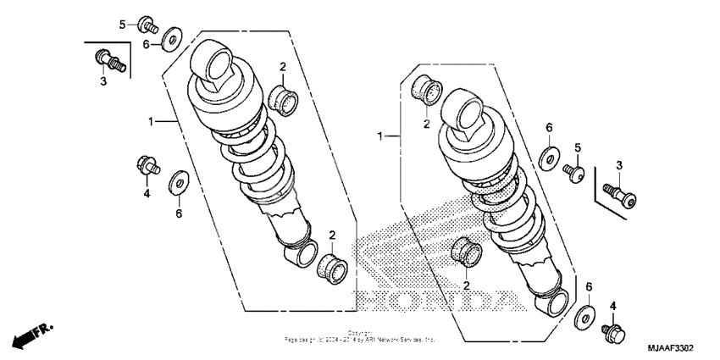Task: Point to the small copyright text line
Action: [x=360, y=336]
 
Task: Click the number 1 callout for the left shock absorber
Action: [x=152, y=122]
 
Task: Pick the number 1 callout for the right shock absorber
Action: [x=383, y=136]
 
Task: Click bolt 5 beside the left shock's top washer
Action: [x=146, y=25]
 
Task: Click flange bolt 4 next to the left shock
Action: [x=145, y=166]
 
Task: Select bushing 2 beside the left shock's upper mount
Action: [x=284, y=98]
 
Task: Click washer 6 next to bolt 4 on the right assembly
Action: [x=583, y=318]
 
